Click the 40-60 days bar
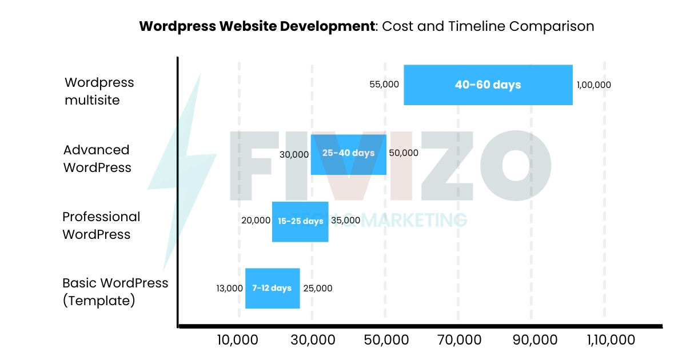[x=488, y=85]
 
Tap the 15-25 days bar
[x=300, y=221]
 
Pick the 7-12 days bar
[x=272, y=288]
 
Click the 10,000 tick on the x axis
[x=238, y=340]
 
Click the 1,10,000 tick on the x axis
[x=611, y=340]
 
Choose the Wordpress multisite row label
[x=99, y=91]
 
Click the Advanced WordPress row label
[x=97, y=159]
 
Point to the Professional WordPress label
[x=101, y=226]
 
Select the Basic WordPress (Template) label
[x=115, y=292]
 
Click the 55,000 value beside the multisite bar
[x=384, y=85]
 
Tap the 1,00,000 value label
[x=593, y=85]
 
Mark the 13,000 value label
[x=229, y=289]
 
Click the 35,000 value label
[x=345, y=221]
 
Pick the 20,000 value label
[x=256, y=221]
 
